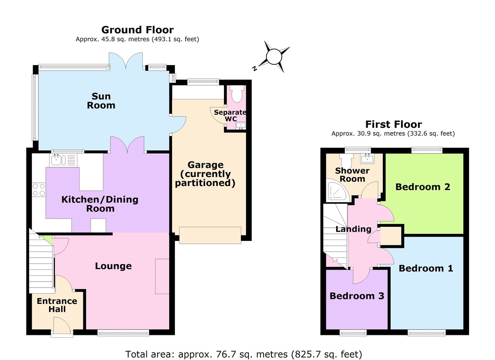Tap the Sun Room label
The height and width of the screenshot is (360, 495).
[x=101, y=101]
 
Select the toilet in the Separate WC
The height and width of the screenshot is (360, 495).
[x=237, y=95]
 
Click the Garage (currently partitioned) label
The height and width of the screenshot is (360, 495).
[x=205, y=174]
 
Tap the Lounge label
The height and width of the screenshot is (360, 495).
[x=113, y=266]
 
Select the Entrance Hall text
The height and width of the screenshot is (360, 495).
[x=57, y=305]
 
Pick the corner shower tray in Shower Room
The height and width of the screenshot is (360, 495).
[x=335, y=190]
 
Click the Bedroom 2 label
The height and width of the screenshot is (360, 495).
[x=423, y=187]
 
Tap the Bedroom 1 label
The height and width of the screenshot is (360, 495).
[x=426, y=268]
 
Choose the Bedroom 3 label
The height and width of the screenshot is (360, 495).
[x=357, y=296]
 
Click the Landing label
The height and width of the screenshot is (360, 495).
[x=353, y=229]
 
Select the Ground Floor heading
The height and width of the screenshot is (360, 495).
[x=137, y=30]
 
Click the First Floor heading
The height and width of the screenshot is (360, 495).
[x=393, y=124]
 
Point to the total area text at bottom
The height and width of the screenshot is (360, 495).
[x=243, y=353]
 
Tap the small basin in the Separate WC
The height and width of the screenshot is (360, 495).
[x=241, y=125]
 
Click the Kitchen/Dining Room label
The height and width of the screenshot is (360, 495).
[x=100, y=204]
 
